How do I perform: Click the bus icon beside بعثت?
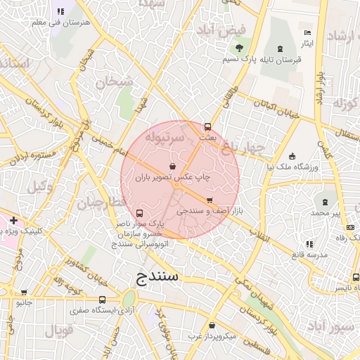(207, 127)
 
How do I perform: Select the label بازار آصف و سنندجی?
(219, 210)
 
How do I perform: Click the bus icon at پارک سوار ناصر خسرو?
(139, 213)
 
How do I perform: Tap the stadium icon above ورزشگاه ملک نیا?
(292, 156)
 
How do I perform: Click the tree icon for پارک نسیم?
(240, 49)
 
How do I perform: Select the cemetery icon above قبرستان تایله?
(281, 48)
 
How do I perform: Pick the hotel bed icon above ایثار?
(307, 33)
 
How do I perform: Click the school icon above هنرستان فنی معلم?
(60, 11)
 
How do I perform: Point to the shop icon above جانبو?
(24, 292)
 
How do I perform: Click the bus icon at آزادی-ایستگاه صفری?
(103, 300)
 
